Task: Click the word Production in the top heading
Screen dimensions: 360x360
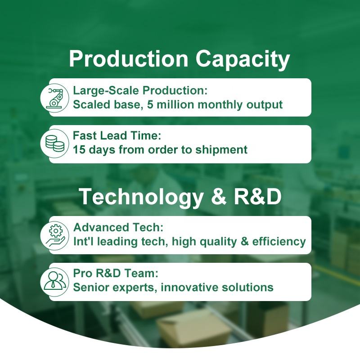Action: pos(129,59)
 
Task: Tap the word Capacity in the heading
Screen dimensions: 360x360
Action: pos(243,60)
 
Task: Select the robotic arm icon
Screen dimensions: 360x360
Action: pos(54,98)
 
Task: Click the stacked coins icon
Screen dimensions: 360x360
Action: pos(55,143)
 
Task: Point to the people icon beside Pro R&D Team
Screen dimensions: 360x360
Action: pos(55,280)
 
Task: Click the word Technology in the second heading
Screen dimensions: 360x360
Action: pos(142,198)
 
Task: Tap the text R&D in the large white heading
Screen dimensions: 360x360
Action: pos(257,197)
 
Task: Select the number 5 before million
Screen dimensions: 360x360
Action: pos(150,105)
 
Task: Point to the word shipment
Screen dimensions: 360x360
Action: pos(221,150)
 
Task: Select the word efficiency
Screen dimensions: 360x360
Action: pos(279,242)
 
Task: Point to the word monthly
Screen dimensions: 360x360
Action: pos(220,105)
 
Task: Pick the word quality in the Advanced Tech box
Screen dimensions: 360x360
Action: pos(218,242)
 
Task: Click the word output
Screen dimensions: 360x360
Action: pos(265,105)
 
